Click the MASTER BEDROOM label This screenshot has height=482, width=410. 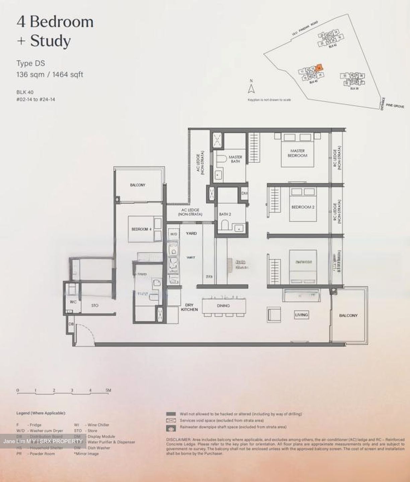pos(297,153)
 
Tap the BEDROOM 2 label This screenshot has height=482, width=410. pos(303,207)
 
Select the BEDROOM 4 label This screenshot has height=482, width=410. pos(140,229)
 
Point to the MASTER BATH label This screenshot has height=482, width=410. pos(235,159)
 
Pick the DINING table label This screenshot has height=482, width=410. pos(223,306)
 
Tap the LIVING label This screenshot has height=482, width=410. pos(301,315)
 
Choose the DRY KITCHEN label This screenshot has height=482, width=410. pos(190,307)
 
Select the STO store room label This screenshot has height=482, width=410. pos(95,306)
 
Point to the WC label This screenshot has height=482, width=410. pos(73,302)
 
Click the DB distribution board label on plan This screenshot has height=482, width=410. pos(71,324)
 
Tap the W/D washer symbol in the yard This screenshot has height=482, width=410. pos(174,234)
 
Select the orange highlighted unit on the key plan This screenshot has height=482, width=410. pos(320,67)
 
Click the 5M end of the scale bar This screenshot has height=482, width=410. pos(108,390)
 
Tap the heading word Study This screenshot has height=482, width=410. pos(51,41)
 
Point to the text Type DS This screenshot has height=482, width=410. pos(31,63)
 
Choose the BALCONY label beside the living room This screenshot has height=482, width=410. pos(348,315)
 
